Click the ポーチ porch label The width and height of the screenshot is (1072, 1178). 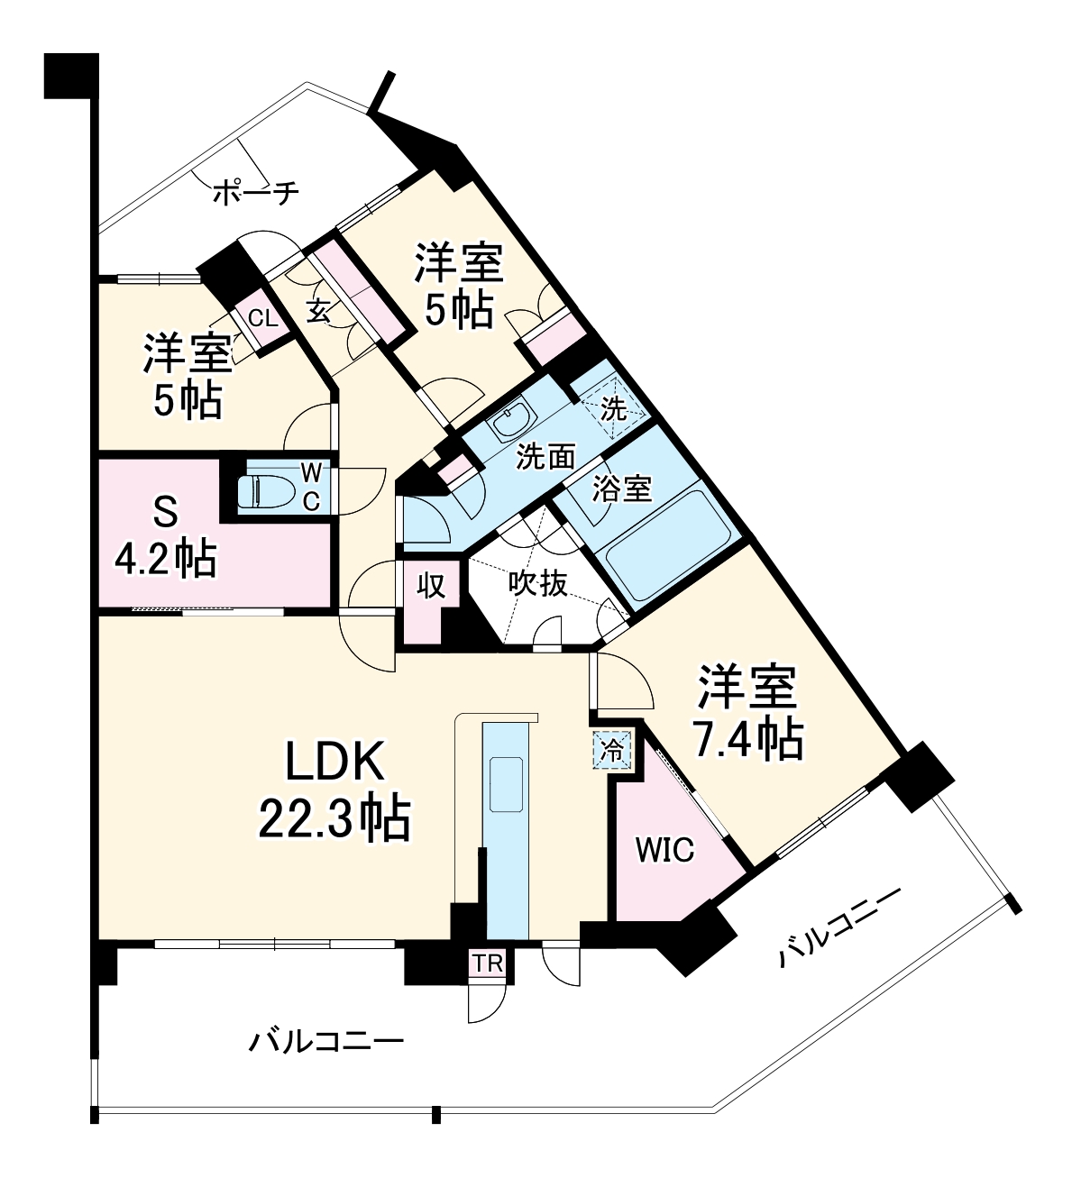[x=256, y=191]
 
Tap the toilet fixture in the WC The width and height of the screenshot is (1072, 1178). [x=265, y=491]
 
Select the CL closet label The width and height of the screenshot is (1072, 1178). [x=261, y=319]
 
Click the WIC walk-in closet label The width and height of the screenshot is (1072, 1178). [x=665, y=850]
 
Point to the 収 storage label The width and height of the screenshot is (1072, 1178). [x=432, y=586]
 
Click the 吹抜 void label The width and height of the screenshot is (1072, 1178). [x=537, y=584]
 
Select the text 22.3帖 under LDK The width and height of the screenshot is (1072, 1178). [x=334, y=818]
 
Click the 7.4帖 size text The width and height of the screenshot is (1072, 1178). [x=747, y=739]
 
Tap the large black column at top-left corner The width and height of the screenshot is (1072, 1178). [x=71, y=76]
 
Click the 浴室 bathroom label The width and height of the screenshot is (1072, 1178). [x=622, y=489]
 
